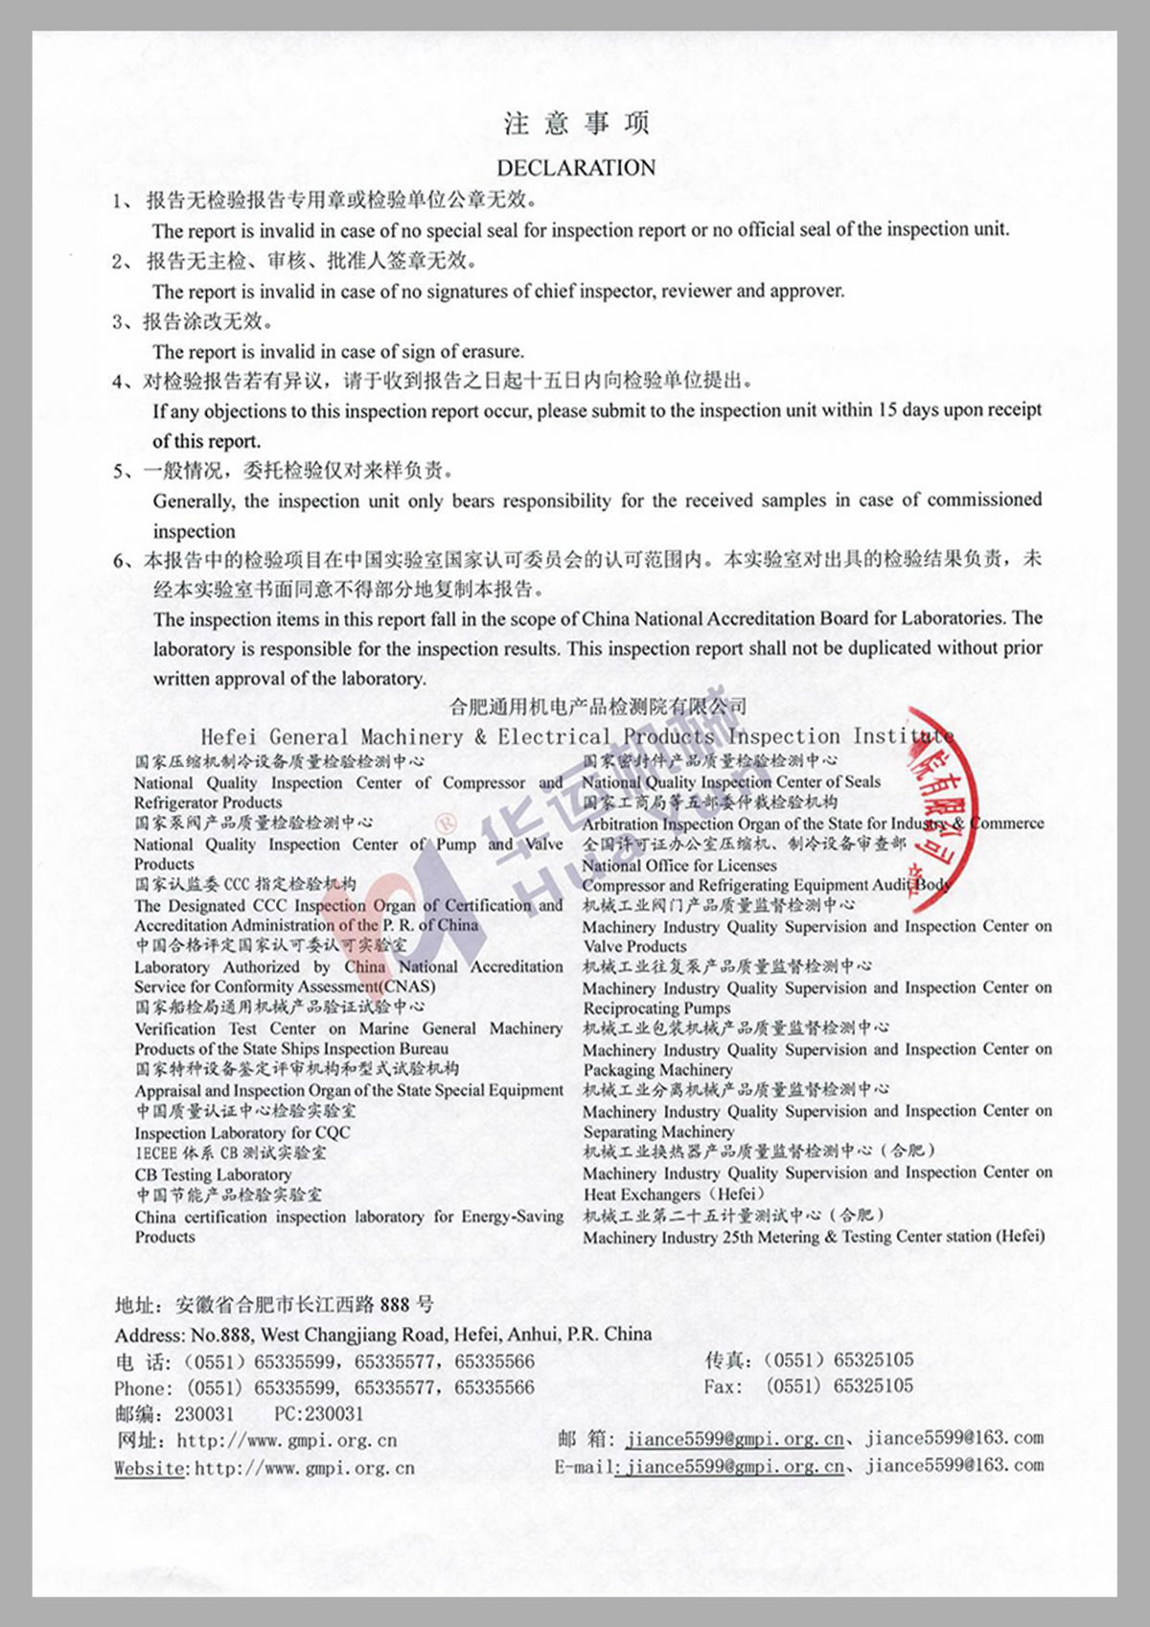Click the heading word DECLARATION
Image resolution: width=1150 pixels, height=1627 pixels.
point(576,168)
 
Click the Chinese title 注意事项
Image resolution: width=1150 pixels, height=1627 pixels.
point(576,124)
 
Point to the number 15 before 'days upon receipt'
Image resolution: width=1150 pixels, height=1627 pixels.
point(887,410)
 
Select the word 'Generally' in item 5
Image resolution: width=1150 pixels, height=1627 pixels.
point(193,501)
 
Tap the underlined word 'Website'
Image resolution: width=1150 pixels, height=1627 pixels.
point(150,1468)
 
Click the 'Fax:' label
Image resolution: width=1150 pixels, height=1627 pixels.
point(724,1386)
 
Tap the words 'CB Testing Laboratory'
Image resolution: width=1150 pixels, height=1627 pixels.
point(213,1174)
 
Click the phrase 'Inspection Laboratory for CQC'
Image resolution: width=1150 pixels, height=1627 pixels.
point(242,1132)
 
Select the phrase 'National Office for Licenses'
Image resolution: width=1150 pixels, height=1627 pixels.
point(679,865)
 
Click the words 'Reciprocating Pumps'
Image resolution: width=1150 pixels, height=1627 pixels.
point(656,1008)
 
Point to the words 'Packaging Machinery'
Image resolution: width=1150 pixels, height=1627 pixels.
point(657,1069)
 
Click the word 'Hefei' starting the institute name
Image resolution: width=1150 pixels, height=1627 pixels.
point(228,737)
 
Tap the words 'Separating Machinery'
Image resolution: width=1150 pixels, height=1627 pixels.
point(658,1131)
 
